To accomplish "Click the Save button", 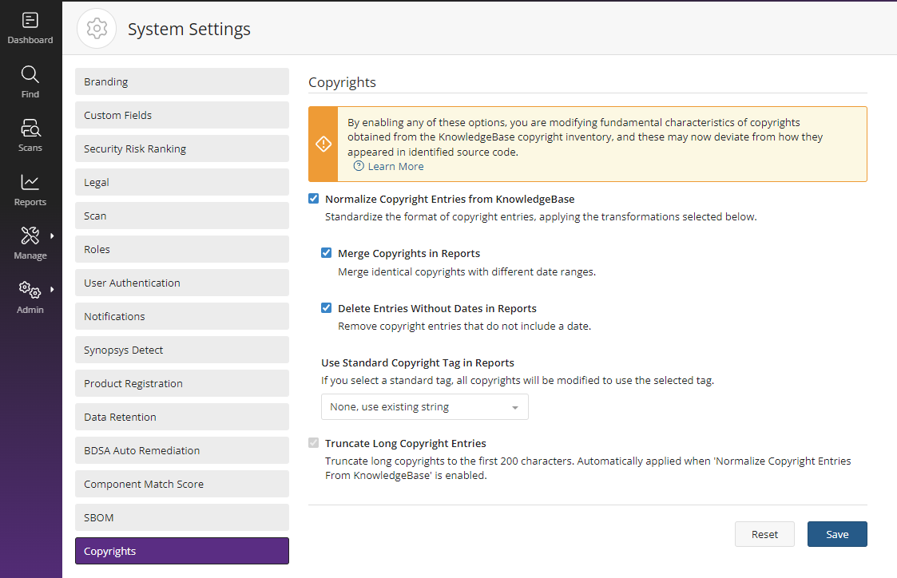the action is click(x=837, y=534).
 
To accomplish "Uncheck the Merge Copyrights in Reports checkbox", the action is click(x=326, y=253).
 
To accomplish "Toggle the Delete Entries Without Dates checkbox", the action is click(x=326, y=307).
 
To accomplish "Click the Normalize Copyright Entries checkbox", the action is click(x=313, y=198).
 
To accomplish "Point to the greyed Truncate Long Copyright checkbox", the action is click(x=313, y=442).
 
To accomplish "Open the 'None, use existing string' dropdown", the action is click(x=424, y=406).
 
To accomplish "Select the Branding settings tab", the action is click(x=182, y=81).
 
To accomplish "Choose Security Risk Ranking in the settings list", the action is click(x=182, y=148).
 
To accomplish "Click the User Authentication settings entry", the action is click(x=182, y=283).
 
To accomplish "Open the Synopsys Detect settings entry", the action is click(x=182, y=350).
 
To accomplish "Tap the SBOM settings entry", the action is click(x=182, y=517).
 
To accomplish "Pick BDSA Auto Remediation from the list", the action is click(x=182, y=450).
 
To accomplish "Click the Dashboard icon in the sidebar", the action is click(x=30, y=21).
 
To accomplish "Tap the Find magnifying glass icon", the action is click(x=30, y=74).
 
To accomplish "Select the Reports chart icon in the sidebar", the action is click(x=30, y=182).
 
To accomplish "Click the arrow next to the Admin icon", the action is click(x=52, y=289).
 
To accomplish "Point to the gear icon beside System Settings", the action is click(x=97, y=29).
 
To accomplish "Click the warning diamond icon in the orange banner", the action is click(x=323, y=144).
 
